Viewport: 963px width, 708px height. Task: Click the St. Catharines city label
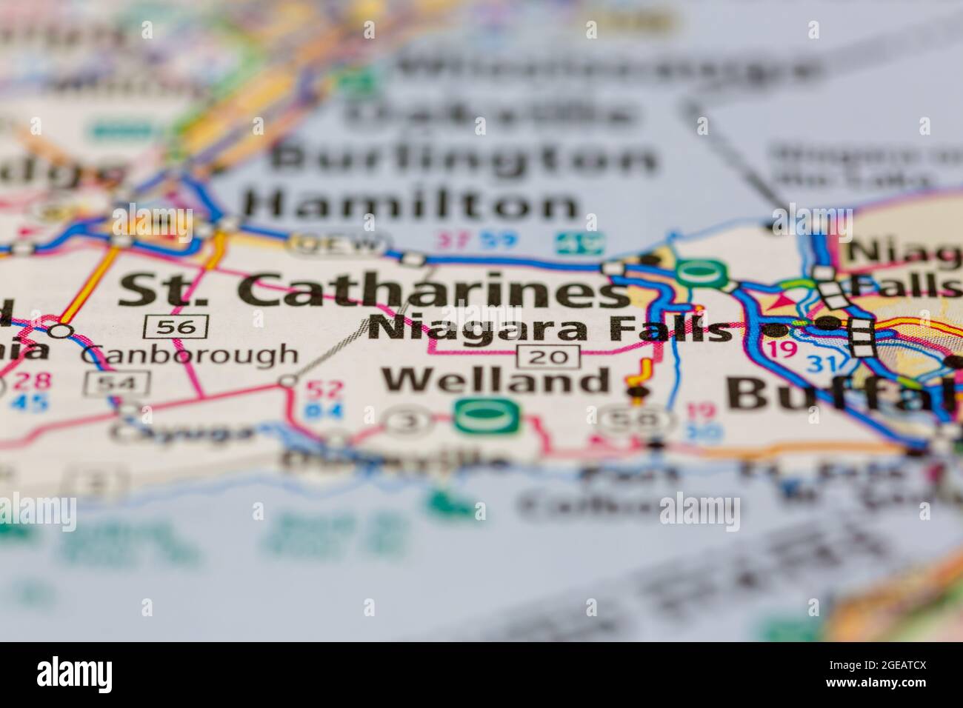point(374,290)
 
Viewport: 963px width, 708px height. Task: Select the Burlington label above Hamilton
point(463,158)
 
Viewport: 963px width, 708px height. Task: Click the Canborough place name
point(189,355)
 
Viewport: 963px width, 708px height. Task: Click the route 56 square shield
point(176,325)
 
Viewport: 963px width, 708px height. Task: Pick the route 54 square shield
point(118,382)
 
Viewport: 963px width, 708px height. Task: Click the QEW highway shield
point(339,244)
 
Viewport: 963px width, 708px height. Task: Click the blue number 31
point(820,364)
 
